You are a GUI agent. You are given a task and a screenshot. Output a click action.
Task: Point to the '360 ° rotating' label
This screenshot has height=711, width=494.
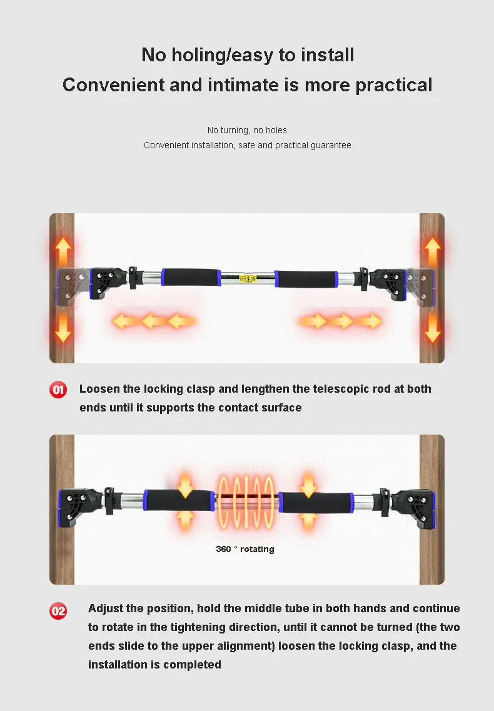click(x=245, y=549)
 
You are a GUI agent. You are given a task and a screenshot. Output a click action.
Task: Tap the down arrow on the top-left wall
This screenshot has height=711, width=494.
click(x=63, y=327)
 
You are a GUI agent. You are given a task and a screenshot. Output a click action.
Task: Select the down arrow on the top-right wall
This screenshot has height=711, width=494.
click(x=432, y=327)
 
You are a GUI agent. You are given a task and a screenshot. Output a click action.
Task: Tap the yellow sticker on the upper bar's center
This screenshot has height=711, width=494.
click(x=249, y=278)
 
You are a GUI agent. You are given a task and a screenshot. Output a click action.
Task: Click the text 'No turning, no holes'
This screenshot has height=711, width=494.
click(x=247, y=130)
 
